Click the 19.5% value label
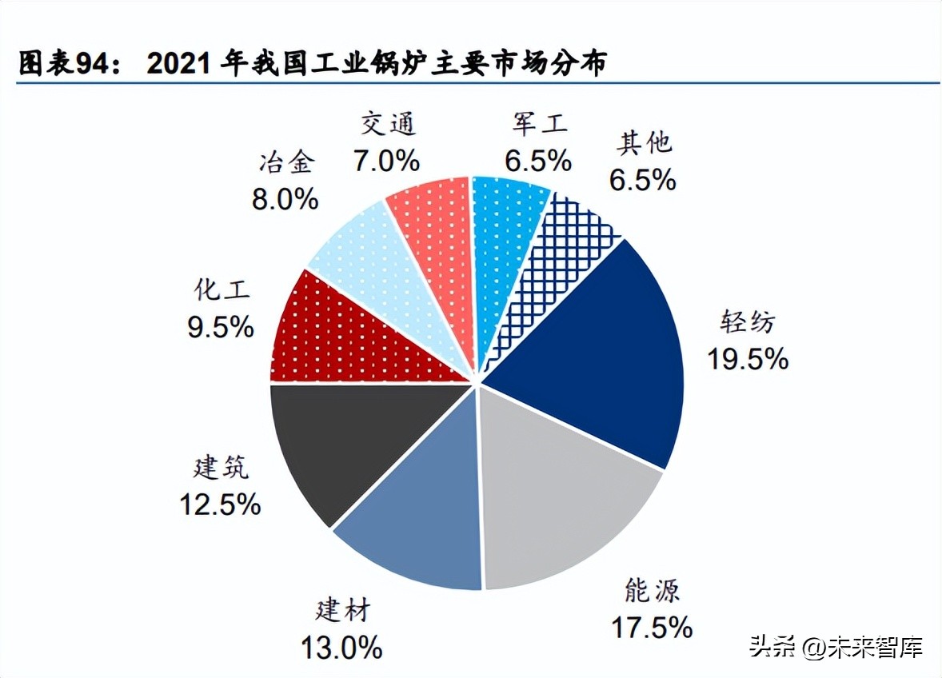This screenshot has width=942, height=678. pyautogui.click(x=747, y=359)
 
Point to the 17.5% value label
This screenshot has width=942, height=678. pyautogui.click(x=652, y=627)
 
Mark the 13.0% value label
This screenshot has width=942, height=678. pyautogui.click(x=341, y=646)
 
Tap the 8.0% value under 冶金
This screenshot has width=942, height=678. pyautogui.click(x=285, y=198)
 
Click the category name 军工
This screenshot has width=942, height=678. pyautogui.click(x=539, y=124)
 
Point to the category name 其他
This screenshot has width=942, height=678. pyautogui.click(x=644, y=144)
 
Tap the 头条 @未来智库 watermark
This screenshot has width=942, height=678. pyautogui.click(x=836, y=646)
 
